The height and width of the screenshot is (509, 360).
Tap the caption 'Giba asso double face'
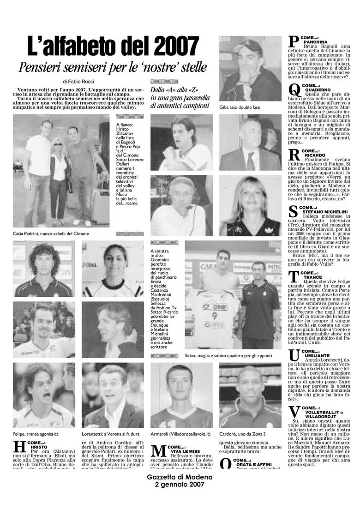click(x=240, y=108)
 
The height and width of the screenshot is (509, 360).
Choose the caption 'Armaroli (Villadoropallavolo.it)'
click(x=180, y=434)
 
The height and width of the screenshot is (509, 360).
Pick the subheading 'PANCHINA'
click(x=316, y=42)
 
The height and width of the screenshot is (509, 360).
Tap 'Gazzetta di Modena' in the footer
click(x=180, y=477)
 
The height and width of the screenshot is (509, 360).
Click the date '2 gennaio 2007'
click(x=180, y=485)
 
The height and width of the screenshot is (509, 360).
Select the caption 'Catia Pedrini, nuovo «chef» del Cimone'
click(x=51, y=234)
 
